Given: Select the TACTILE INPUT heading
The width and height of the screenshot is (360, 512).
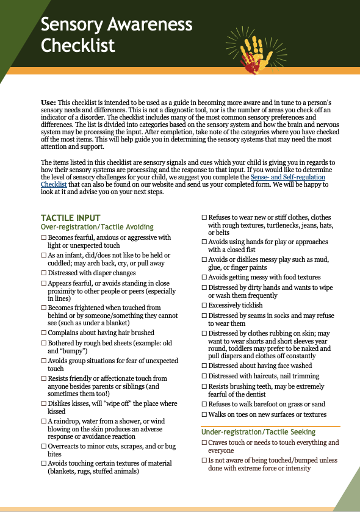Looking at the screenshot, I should point(70,218).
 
